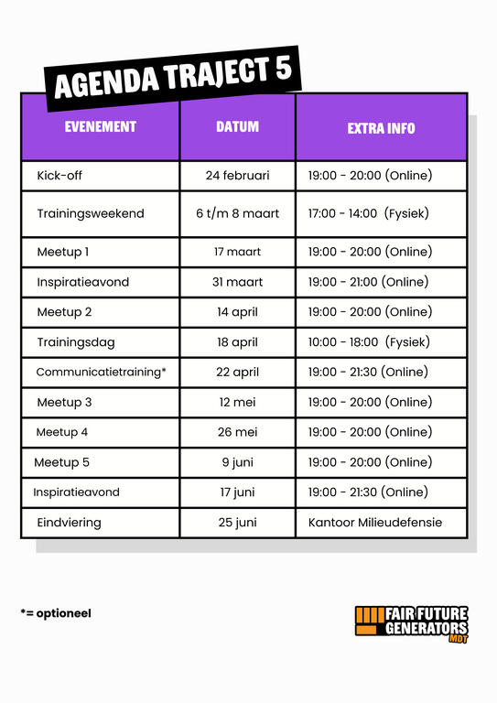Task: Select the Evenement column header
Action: point(101,127)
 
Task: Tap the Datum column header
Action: point(237,127)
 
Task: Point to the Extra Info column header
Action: point(381,128)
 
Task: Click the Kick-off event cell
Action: point(59,175)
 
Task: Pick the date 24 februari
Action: point(237,175)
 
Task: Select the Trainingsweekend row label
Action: point(91,213)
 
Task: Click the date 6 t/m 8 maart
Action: point(237,213)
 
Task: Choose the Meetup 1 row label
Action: point(63,252)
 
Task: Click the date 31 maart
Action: point(237,282)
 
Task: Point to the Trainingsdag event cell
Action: point(76,342)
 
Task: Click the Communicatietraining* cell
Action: point(101,373)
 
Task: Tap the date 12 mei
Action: point(237,402)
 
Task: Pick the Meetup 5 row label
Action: point(62,462)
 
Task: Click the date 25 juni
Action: point(237,523)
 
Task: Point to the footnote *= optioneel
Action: point(56,613)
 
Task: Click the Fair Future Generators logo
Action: point(412,623)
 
